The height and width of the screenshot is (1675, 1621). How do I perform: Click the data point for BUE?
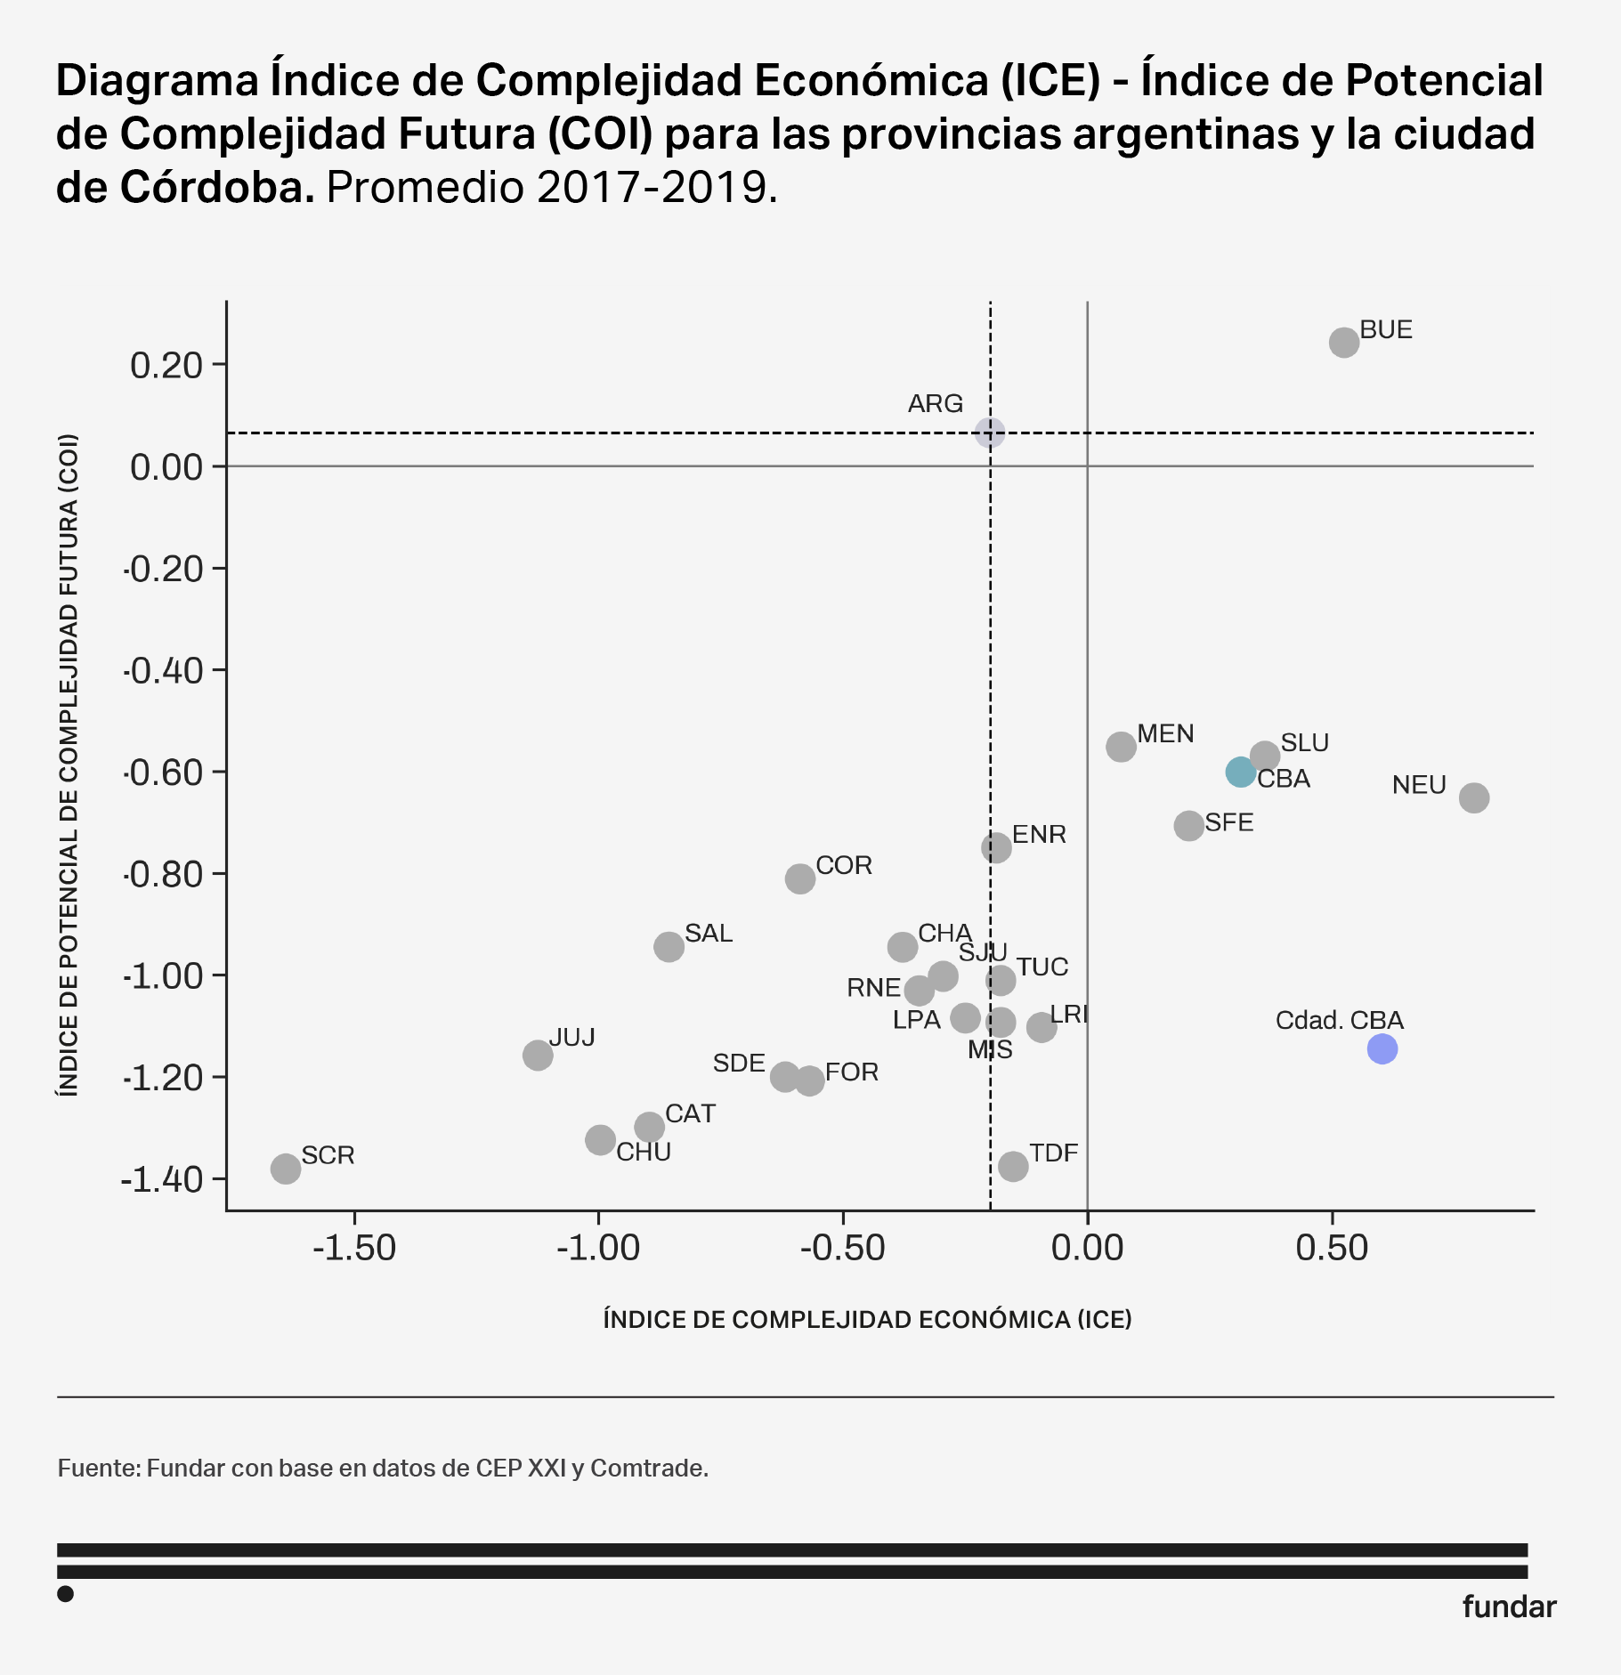click(x=1343, y=343)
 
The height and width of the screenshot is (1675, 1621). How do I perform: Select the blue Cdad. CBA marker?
click(x=1382, y=1048)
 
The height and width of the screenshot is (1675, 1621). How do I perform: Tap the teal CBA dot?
click(x=1240, y=772)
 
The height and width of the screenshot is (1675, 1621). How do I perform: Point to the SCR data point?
click(x=286, y=1169)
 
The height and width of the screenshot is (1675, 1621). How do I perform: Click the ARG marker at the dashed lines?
click(x=990, y=433)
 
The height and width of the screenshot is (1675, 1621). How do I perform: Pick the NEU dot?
click(x=1474, y=797)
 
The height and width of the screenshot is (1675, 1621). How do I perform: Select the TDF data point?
click(x=1013, y=1166)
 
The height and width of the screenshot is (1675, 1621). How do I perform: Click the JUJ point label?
click(x=571, y=1038)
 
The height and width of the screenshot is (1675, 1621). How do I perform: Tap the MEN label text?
click(x=1165, y=734)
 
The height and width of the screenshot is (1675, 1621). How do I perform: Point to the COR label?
click(x=844, y=866)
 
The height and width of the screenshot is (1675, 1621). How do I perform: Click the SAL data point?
click(x=669, y=946)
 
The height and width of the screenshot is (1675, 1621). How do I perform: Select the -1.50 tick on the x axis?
click(x=354, y=1249)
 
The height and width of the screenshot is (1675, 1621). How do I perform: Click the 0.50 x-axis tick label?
click(x=1332, y=1249)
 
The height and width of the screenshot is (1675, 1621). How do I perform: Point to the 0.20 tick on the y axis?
click(x=166, y=365)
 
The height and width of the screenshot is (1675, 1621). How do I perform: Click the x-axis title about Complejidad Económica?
click(x=867, y=1319)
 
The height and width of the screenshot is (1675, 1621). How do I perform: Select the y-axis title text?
click(x=69, y=765)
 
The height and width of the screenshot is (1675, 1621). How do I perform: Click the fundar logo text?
click(x=1509, y=1606)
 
